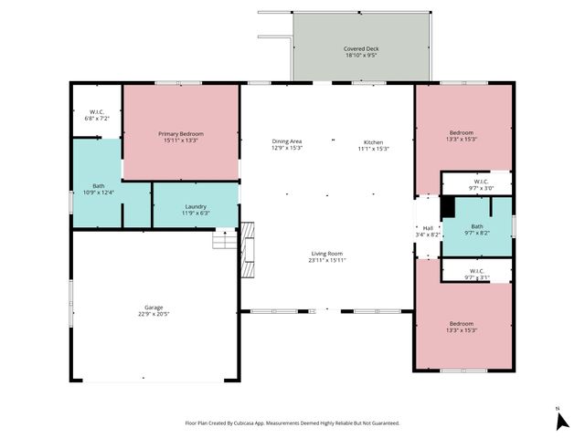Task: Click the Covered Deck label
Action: click(x=362, y=47)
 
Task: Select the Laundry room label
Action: click(x=196, y=206)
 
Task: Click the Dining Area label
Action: click(x=287, y=141)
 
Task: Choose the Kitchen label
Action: click(x=373, y=141)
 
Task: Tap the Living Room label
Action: click(x=326, y=254)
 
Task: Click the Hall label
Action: click(x=428, y=227)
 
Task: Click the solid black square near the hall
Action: click(x=447, y=208)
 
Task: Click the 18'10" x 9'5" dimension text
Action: click(x=362, y=55)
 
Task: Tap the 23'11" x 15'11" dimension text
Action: click(x=326, y=260)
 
